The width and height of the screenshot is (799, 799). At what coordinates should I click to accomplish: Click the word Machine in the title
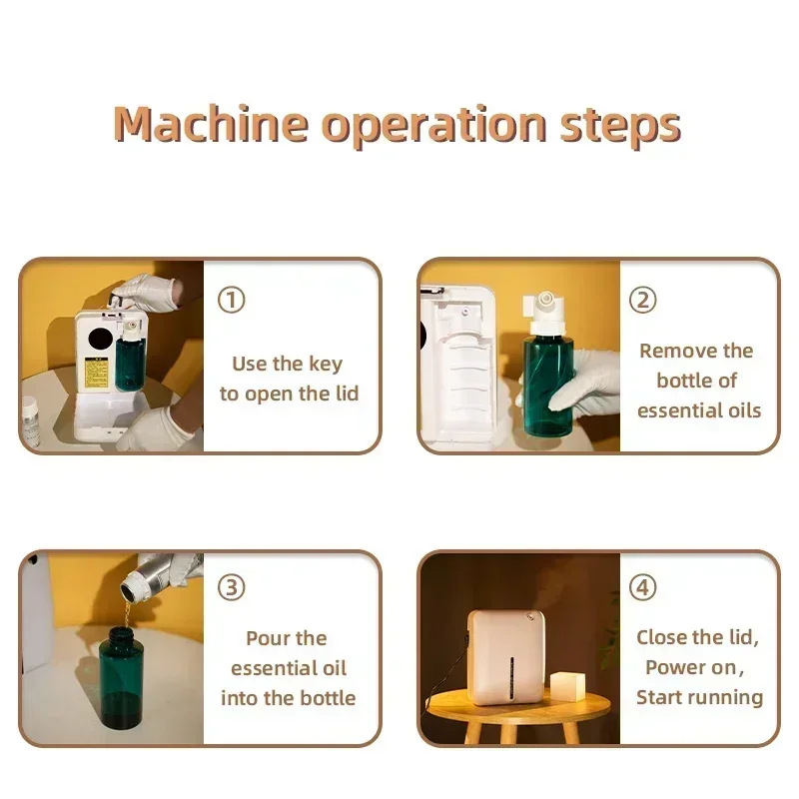coord(211,124)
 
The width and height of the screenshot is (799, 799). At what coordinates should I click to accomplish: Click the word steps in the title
coord(620,127)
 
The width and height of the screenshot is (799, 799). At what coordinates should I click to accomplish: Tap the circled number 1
coord(232,300)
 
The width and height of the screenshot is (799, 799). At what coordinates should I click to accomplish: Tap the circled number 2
coord(642,300)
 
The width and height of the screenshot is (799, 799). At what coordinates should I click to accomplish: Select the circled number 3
coord(232,587)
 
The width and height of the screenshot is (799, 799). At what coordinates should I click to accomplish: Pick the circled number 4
coord(642,587)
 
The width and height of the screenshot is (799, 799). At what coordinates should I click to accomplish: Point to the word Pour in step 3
coord(266,638)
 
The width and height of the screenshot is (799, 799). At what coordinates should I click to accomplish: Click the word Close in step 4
coord(661,637)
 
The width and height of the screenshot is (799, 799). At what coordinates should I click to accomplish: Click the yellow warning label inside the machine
coord(96,374)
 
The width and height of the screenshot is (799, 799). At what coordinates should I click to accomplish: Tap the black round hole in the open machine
coord(101,340)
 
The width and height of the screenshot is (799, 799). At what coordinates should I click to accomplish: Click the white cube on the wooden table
coord(568,685)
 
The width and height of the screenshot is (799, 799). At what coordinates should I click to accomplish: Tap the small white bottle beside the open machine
coord(31,421)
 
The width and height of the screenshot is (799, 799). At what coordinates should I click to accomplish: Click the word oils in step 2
coord(744,410)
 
